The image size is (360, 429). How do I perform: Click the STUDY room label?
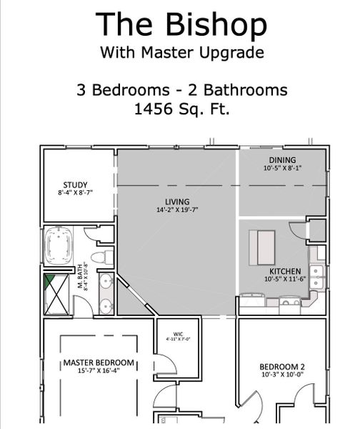tap(75, 185)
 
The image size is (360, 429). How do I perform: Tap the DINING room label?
tap(282, 159)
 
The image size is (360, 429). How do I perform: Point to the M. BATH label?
tap(80, 278)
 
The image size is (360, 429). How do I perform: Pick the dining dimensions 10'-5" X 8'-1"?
tap(282, 168)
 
